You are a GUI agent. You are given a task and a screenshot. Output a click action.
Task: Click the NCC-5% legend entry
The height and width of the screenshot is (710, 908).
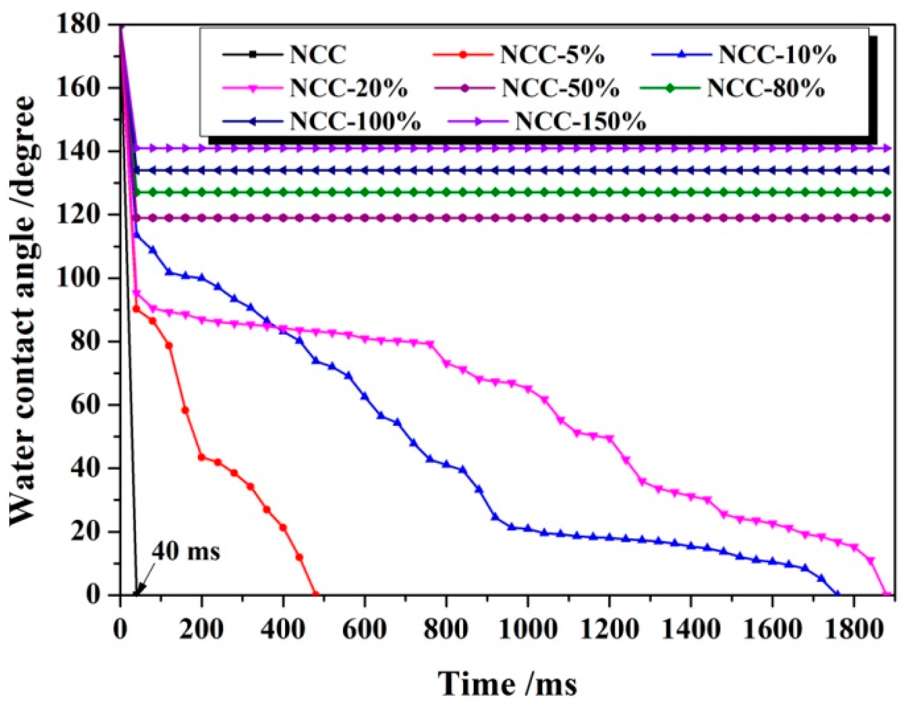click(552, 55)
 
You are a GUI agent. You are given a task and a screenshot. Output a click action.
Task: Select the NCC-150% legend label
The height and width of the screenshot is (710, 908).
click(580, 121)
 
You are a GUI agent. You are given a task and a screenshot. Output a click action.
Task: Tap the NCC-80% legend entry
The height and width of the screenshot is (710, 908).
click(765, 88)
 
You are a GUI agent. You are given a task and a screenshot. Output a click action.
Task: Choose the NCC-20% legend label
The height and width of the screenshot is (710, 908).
click(348, 88)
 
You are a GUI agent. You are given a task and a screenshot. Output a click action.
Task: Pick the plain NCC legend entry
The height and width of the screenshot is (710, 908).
click(318, 54)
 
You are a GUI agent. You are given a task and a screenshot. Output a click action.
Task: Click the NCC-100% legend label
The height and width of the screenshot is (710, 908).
click(355, 121)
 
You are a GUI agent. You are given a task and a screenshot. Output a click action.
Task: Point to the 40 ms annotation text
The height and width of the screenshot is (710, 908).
click(186, 551)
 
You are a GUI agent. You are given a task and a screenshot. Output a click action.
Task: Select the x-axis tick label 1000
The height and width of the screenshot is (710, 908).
click(527, 630)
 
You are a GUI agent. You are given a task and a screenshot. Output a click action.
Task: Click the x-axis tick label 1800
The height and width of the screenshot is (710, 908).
click(853, 630)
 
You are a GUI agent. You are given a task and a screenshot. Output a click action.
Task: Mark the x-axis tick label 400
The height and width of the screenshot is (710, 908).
click(283, 630)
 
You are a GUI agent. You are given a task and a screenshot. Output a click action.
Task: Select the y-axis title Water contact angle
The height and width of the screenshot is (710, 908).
click(23, 310)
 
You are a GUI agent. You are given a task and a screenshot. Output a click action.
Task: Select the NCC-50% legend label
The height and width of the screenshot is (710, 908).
click(560, 88)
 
